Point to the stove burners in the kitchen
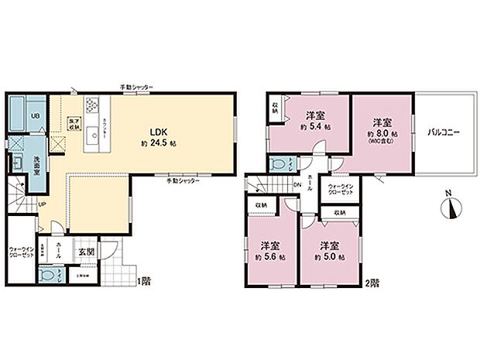(x=93, y=105)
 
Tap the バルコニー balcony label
(x=444, y=132)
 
